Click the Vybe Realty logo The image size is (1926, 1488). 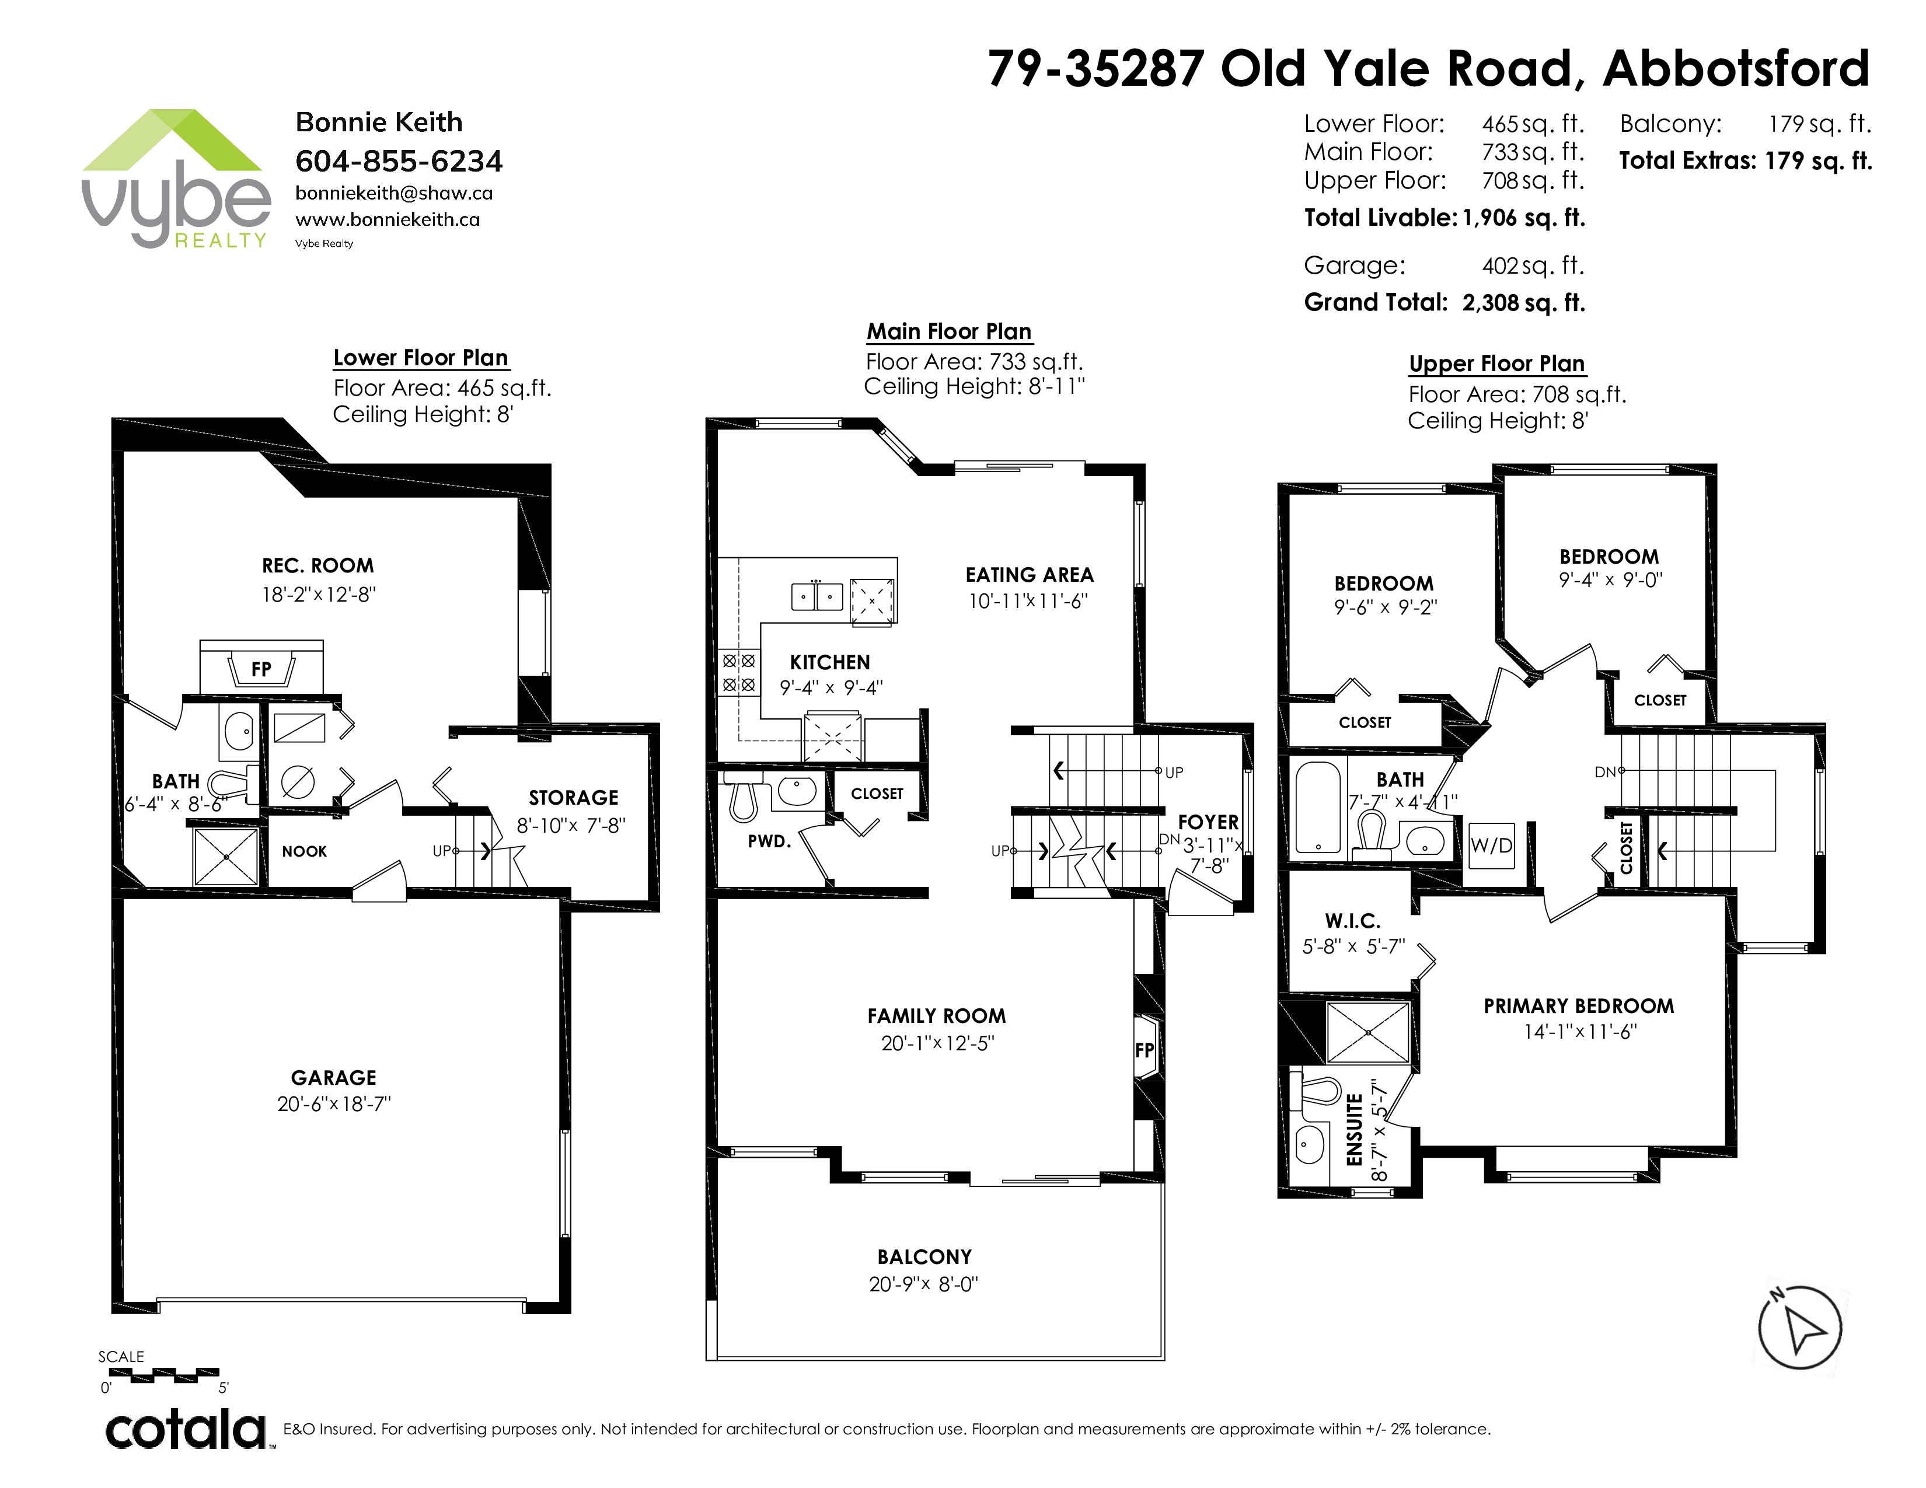point(176,179)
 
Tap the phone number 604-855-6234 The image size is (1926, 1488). point(399,161)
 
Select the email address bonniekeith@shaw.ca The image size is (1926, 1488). point(394,193)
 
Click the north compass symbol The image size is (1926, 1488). point(1799,1328)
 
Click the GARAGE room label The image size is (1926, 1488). point(333,1077)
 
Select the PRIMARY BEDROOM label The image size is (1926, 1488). point(1579,1006)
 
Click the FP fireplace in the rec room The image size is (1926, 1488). point(261,668)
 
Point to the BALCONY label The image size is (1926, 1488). point(924,1257)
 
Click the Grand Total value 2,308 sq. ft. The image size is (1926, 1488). point(1523,302)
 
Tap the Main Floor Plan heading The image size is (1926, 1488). point(949,331)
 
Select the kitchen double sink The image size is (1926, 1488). point(817,596)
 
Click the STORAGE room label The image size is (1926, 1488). point(573,798)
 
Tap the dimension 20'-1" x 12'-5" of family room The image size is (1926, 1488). point(937,1043)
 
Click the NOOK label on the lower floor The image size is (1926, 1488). point(304,851)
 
